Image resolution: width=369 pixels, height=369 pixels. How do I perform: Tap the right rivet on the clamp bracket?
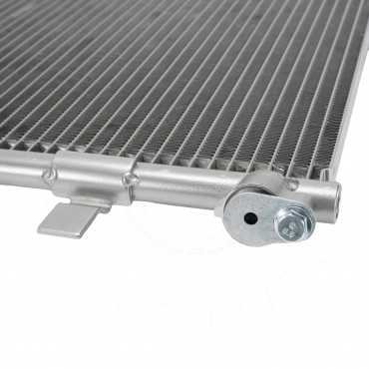pyautogui.click(x=128, y=181)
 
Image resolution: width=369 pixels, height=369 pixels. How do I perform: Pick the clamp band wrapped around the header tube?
pyautogui.click(x=90, y=175)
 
